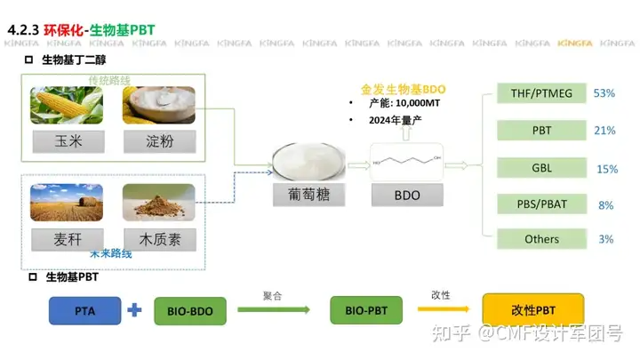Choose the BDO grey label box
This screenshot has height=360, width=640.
click(406, 194)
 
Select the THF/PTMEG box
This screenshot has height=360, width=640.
click(541, 93)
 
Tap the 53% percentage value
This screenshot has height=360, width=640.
click(604, 93)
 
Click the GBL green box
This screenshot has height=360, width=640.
click(541, 168)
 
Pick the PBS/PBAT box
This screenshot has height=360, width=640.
click(541, 204)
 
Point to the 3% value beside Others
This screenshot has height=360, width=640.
click(605, 239)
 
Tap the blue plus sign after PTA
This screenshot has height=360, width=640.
click(135, 310)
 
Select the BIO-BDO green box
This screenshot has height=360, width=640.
click(190, 310)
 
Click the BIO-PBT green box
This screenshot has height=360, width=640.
click(365, 310)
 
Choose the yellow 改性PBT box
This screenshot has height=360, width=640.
click(532, 309)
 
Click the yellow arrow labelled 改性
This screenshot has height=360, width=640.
click(439, 310)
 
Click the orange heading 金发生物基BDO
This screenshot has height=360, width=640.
click(403, 89)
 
